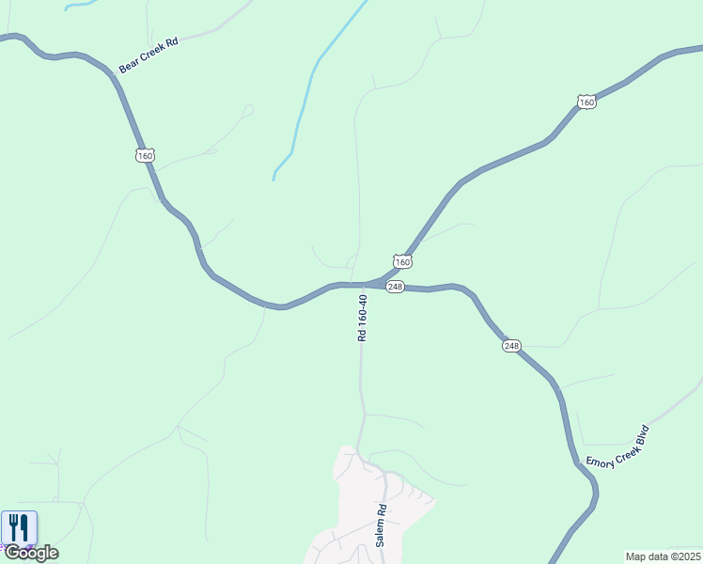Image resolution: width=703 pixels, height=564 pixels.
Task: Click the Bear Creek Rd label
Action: click(x=148, y=56)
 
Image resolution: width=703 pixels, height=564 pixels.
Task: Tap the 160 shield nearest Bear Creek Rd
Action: click(x=144, y=155)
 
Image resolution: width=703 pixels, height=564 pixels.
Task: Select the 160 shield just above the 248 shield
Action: click(x=402, y=261)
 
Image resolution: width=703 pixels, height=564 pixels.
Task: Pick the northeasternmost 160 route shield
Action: click(x=586, y=102)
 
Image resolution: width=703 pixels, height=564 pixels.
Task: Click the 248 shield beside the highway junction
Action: click(x=395, y=287)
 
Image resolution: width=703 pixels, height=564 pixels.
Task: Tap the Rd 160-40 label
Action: click(x=363, y=317)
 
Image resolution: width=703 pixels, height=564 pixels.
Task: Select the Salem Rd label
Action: click(x=382, y=526)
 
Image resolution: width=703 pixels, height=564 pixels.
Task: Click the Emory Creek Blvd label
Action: click(x=618, y=447)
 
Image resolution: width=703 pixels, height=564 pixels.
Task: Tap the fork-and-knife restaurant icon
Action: click(x=19, y=527)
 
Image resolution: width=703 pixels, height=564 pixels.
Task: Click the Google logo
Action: click(x=31, y=553)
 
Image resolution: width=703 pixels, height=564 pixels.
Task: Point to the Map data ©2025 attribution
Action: click(x=663, y=556)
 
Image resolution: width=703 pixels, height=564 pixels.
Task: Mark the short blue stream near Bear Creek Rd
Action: click(x=80, y=4)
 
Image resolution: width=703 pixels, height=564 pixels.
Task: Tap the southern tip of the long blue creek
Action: click(x=273, y=179)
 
